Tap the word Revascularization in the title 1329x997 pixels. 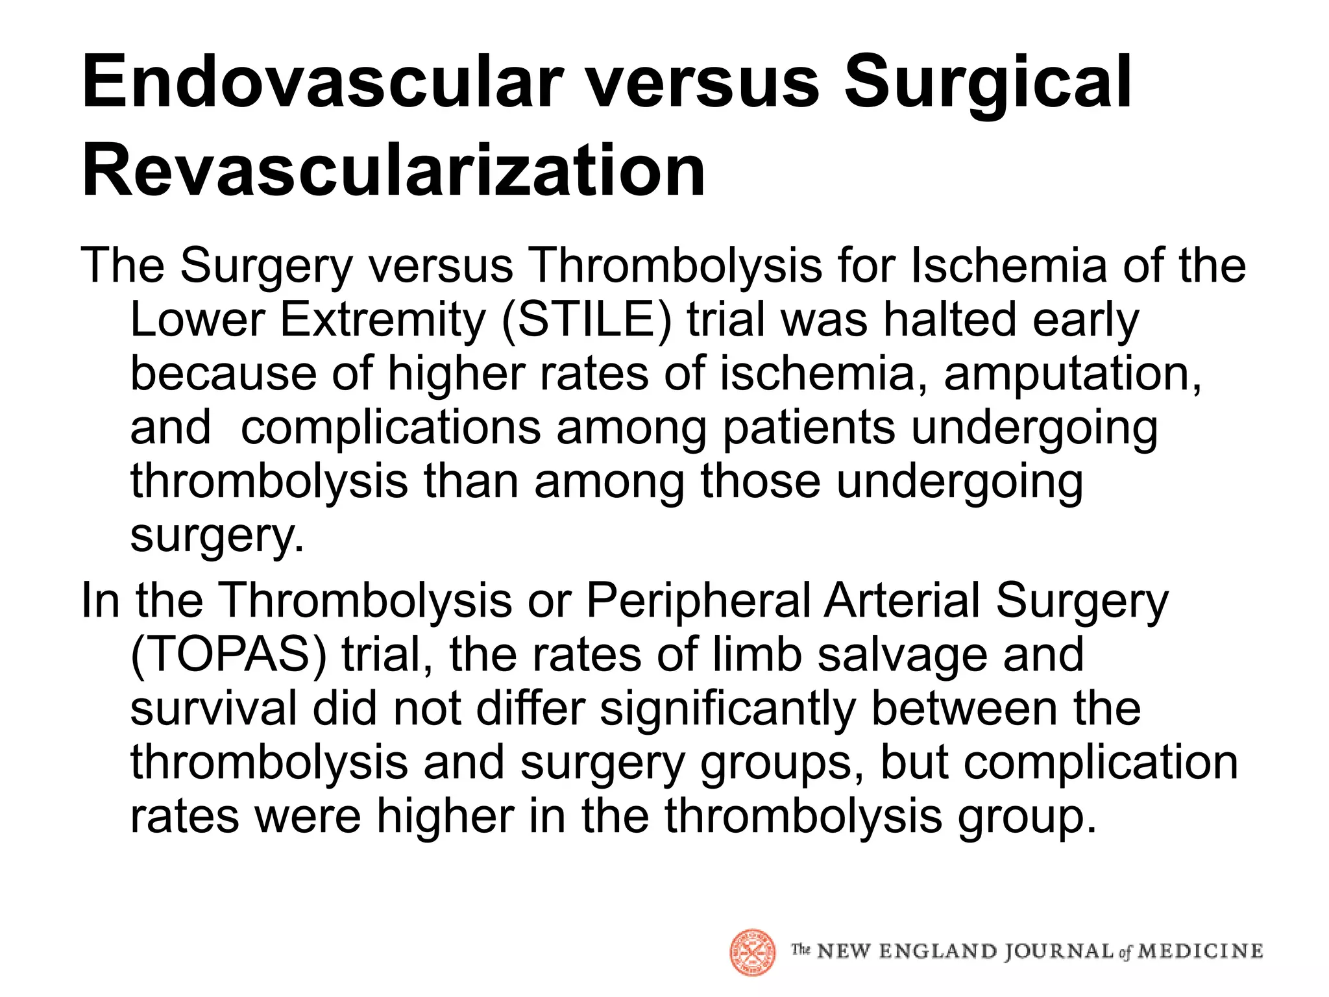tap(393, 171)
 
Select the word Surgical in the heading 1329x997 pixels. tap(987, 82)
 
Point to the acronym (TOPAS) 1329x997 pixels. tap(228, 654)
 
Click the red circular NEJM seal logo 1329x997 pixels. tap(752, 952)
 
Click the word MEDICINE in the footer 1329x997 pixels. tap(1200, 952)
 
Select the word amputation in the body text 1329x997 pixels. tap(1072, 374)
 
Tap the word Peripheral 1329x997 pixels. tap(698, 600)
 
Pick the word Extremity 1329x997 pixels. tap(383, 320)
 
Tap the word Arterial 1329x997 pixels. tap(902, 600)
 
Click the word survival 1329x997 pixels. tap(213, 708)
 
